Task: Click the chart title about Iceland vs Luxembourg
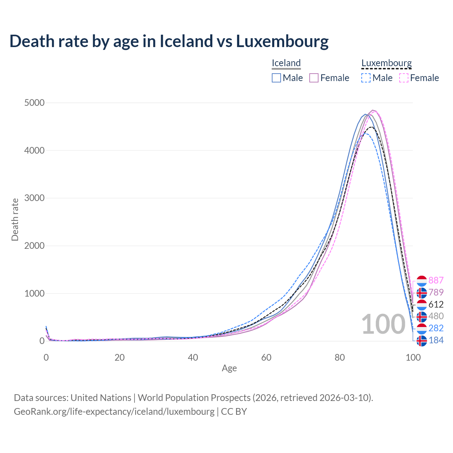click(x=169, y=41)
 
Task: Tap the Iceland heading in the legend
click(x=286, y=63)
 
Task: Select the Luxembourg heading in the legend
click(x=386, y=63)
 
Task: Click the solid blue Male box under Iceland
click(x=276, y=78)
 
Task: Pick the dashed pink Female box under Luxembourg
click(x=404, y=78)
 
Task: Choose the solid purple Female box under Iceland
click(x=314, y=78)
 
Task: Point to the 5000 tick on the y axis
click(x=34, y=103)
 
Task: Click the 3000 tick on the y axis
click(x=34, y=198)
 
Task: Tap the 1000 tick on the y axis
click(x=34, y=293)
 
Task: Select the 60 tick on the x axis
click(x=266, y=357)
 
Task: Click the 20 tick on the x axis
click(x=120, y=357)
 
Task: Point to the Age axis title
click(x=229, y=368)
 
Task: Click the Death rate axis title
click(x=15, y=219)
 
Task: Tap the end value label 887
click(x=436, y=280)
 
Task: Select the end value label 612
click(x=436, y=304)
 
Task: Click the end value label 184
click(x=436, y=340)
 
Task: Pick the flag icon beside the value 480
click(x=422, y=316)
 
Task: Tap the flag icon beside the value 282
click(x=422, y=328)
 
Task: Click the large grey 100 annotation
click(x=383, y=324)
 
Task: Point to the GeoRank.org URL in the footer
click(x=114, y=412)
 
